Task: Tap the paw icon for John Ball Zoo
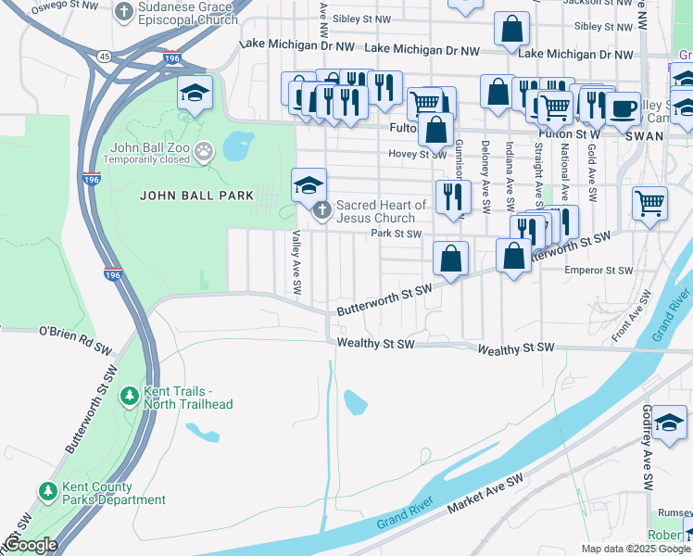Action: coord(203,149)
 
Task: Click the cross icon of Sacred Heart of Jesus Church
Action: coord(321,210)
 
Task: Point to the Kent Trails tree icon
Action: coord(130,397)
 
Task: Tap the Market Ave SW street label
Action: coord(485,494)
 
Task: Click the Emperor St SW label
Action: coord(598,271)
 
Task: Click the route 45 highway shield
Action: coord(105,57)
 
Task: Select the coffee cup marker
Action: coord(623,107)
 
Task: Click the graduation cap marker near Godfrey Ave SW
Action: coord(668,423)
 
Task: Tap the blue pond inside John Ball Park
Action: coord(238,145)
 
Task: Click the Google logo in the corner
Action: coord(31,545)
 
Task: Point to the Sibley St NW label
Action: coord(362,18)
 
